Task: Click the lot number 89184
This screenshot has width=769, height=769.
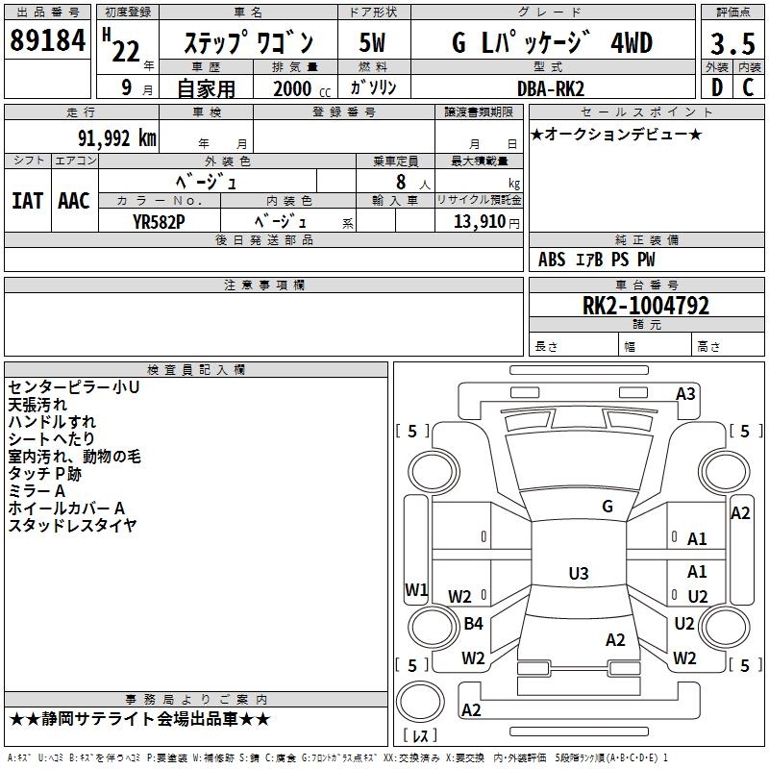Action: (x=47, y=42)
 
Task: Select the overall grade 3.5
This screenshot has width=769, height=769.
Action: (x=732, y=44)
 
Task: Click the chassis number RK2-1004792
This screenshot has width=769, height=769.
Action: (x=646, y=307)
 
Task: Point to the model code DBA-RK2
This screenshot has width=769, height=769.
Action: (x=550, y=88)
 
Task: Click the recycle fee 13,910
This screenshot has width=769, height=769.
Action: (x=477, y=221)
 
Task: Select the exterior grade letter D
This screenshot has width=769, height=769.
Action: (x=716, y=88)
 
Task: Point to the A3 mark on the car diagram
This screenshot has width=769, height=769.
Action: (x=685, y=393)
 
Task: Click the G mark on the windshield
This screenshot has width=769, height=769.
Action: (x=607, y=507)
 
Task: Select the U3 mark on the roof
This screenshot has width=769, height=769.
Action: (x=578, y=574)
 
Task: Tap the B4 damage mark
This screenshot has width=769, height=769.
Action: (x=473, y=624)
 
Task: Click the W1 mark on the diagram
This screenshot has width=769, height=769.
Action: (x=415, y=589)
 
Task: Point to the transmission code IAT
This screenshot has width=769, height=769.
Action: (x=27, y=200)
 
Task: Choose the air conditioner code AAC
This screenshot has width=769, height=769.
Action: (x=74, y=200)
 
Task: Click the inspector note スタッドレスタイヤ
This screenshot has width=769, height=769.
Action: (x=72, y=525)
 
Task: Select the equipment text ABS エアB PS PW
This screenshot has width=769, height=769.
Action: (x=598, y=260)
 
